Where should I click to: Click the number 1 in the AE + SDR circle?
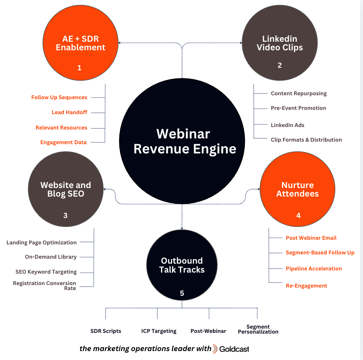tap(79, 67)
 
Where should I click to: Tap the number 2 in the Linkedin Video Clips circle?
tap(279, 65)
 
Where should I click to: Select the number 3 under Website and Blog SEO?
tap(65, 215)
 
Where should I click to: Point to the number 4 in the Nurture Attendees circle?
tap(298, 216)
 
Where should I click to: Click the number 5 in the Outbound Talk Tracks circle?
tap(182, 293)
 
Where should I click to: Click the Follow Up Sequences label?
tap(59, 97)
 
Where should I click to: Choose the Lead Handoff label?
tap(69, 112)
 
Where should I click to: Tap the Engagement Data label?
tap(63, 142)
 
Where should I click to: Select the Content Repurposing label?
tap(299, 93)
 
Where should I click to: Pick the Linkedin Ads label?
tap(288, 125)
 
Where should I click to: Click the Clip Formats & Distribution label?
tap(306, 140)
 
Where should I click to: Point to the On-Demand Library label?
tap(51, 257)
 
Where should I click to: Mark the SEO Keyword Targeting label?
tap(46, 272)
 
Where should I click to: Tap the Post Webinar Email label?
tap(311, 238)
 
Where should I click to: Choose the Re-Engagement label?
tap(307, 286)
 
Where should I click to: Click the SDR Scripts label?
tap(106, 331)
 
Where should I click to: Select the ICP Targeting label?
tap(159, 331)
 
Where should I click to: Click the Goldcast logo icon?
tap(215, 349)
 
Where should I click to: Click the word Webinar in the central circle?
tap(183, 134)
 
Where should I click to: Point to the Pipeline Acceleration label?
tap(314, 269)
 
